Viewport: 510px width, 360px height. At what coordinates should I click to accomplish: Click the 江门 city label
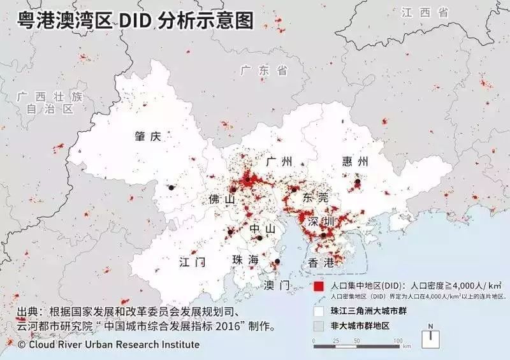193,262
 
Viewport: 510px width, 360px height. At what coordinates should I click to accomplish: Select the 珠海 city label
245,260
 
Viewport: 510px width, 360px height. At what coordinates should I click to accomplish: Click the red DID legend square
319,285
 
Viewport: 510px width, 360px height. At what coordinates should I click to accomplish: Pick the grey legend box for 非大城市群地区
319,326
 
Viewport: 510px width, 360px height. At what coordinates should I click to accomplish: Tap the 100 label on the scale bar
397,342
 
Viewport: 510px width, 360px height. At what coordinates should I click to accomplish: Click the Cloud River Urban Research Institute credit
108,345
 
